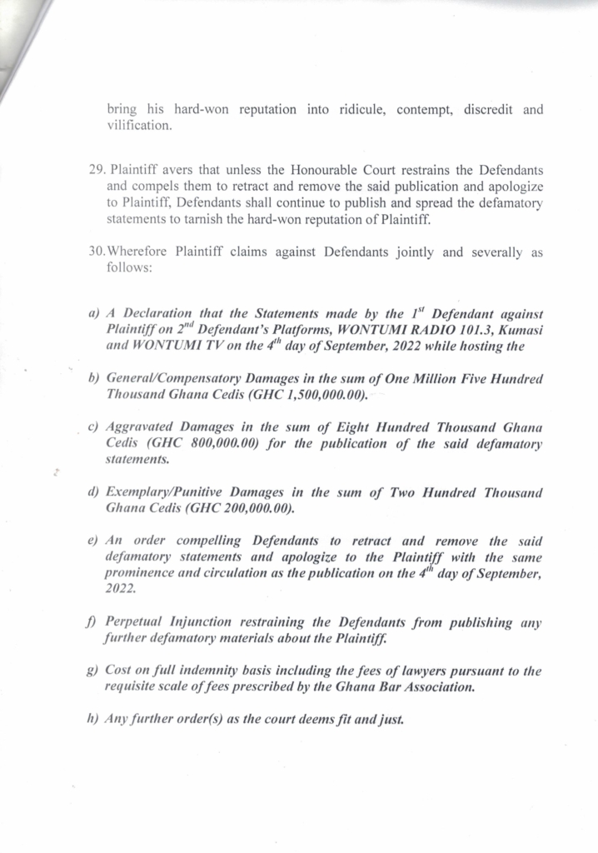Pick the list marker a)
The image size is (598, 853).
pos(93,314)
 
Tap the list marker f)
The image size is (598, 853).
pos(93,622)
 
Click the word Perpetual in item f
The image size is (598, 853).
pos(136,622)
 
